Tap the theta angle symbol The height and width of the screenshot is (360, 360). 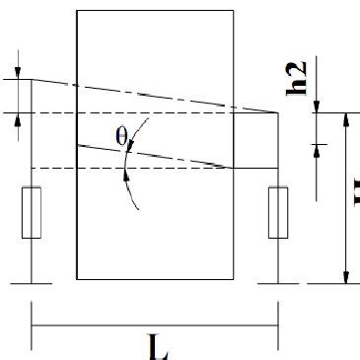pyautogui.click(x=122, y=137)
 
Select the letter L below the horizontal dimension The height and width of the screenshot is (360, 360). pyautogui.click(x=157, y=347)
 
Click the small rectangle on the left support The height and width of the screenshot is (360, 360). pyautogui.click(x=32, y=211)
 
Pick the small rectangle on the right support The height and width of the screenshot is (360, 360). pyautogui.click(x=277, y=211)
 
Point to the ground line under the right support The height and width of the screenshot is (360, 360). pyautogui.click(x=277, y=281)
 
